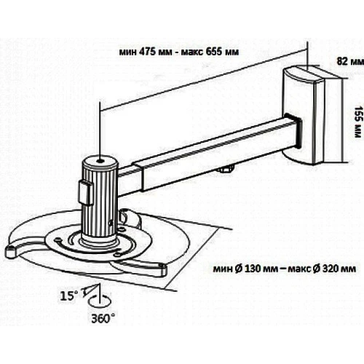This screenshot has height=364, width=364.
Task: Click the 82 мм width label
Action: pos(350,61)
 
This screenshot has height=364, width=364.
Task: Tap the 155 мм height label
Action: pos(357,122)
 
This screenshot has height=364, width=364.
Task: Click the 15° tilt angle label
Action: pos(69,296)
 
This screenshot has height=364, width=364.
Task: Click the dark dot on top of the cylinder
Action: pos(100,161)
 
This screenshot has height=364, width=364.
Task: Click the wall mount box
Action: pos(312,116)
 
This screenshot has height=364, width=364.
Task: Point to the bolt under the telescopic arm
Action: pos(226,169)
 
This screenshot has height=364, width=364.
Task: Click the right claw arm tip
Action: pos(162,270)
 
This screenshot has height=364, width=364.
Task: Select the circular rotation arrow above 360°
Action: pos(100,301)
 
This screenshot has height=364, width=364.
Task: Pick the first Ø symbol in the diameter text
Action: pos(239,269)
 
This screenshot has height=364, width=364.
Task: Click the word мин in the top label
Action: pos(128,52)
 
